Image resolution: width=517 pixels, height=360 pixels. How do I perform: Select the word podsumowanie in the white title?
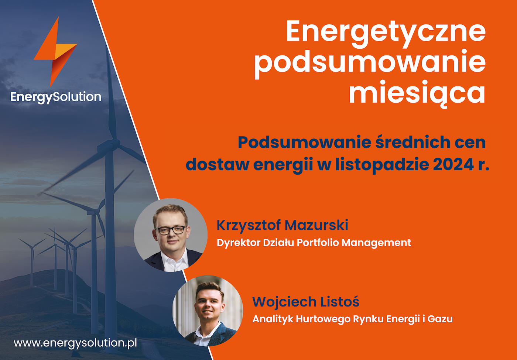[370, 64]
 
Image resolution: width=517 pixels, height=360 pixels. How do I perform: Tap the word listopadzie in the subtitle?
[382, 165]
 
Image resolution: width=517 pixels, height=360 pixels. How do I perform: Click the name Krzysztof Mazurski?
[282, 226]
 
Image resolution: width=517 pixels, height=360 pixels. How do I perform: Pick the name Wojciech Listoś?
[306, 302]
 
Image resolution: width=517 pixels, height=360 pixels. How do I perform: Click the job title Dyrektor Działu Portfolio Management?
[314, 243]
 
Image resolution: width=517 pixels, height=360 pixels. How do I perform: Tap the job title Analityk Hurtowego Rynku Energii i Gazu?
[352, 319]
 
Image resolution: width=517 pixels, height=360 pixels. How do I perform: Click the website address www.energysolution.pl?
[75, 343]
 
